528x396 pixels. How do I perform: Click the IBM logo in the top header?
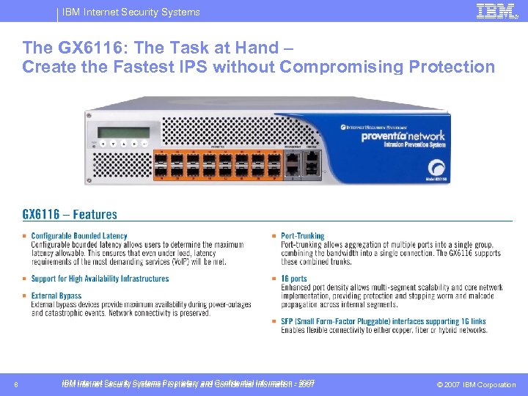point(495,11)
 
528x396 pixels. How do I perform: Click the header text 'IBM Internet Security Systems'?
point(131,12)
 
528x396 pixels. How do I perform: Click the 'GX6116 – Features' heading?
point(70,215)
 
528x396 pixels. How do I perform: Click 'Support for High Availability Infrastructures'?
point(100,279)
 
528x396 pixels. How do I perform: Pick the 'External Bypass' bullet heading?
point(56,296)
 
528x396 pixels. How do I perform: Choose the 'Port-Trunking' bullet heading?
point(302,236)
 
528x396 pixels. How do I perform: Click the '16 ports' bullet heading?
point(294,279)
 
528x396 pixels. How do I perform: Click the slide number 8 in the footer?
point(16,384)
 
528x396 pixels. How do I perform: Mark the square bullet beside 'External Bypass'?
point(25,296)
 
